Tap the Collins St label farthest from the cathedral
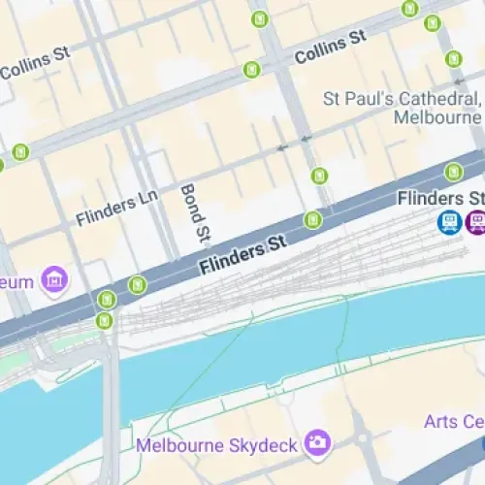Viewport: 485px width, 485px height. (x=35, y=68)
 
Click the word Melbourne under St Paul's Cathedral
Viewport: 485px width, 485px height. (x=437, y=117)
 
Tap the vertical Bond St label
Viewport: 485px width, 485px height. (x=195, y=211)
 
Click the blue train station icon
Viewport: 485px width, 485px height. (x=449, y=224)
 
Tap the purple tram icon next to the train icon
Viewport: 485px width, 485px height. (x=475, y=224)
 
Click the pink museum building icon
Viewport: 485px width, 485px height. (x=56, y=281)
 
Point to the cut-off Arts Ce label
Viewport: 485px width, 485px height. (x=454, y=421)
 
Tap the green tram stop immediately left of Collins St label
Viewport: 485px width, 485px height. (x=252, y=70)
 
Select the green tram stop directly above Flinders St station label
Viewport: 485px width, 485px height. (x=453, y=172)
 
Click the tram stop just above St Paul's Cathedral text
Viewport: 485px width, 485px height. (x=454, y=59)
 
